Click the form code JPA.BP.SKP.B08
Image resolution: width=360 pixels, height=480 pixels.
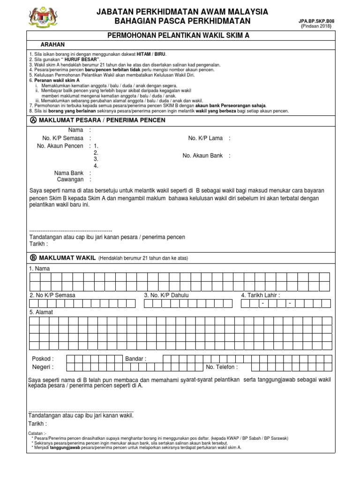pos(317,21)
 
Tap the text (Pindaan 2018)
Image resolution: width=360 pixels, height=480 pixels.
pos(316,26)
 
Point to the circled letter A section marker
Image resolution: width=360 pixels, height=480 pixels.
pos(33,120)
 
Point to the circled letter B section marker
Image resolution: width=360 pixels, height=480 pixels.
pos(33,258)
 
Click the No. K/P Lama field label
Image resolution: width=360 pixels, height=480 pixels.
pos(206,138)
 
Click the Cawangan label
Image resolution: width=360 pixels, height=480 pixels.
pos(70,180)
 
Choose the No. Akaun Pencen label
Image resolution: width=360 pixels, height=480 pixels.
pos(60,146)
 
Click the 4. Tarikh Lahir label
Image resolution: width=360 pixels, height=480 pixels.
pos(260,295)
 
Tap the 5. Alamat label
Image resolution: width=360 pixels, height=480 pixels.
pos(41,312)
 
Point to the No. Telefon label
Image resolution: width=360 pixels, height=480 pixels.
pos(221,367)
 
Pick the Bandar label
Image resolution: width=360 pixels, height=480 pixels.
pos(135,359)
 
